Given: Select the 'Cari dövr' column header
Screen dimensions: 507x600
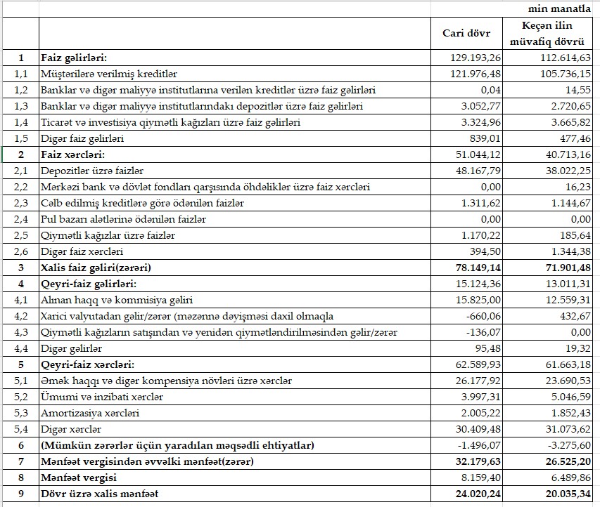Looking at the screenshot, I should (x=472, y=33).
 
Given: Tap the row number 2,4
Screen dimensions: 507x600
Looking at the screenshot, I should (x=20, y=219).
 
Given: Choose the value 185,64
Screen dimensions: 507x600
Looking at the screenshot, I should (x=574, y=235).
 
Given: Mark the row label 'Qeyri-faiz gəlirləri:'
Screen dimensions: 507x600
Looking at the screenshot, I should (x=88, y=284).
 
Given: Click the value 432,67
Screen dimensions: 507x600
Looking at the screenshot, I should (x=574, y=316).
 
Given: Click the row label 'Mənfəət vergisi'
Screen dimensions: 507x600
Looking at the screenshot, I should (x=78, y=478).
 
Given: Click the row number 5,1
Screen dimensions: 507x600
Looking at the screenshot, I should (x=20, y=381).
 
